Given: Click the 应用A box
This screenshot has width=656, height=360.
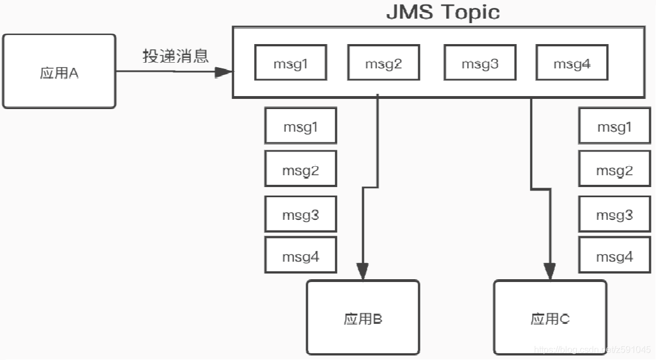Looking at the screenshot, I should tap(59, 72).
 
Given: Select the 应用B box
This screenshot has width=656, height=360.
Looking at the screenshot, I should tap(363, 318).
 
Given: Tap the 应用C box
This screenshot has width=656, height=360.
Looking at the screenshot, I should tap(550, 318).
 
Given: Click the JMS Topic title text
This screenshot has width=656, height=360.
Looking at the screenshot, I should tap(442, 12).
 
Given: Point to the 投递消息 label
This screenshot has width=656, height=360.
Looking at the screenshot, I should tap(175, 55).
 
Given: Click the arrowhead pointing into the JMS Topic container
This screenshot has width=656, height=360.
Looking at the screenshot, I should tap(224, 72).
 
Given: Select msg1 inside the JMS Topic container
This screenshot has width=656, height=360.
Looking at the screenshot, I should tap(290, 63).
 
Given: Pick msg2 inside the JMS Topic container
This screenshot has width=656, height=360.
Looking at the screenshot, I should tap(383, 63).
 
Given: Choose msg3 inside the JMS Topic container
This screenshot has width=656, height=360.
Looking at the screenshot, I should tap(480, 63).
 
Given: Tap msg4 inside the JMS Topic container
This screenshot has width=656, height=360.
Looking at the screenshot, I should tap(572, 63).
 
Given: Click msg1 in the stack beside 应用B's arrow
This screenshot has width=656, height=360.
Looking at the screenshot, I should tap(301, 127).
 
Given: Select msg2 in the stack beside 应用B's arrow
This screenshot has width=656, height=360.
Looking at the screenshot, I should tap(301, 170).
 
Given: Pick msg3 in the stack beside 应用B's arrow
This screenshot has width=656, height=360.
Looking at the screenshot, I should tap(301, 214).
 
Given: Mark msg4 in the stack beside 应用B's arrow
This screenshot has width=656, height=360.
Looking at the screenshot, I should tap(301, 257).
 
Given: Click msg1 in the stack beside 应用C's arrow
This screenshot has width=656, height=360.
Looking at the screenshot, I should tap(614, 127).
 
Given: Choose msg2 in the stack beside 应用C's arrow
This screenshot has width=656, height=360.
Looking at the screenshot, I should tap(614, 170).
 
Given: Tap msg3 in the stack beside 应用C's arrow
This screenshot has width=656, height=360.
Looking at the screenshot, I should tap(614, 214).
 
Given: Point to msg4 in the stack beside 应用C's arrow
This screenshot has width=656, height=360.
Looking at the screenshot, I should tap(614, 257).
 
